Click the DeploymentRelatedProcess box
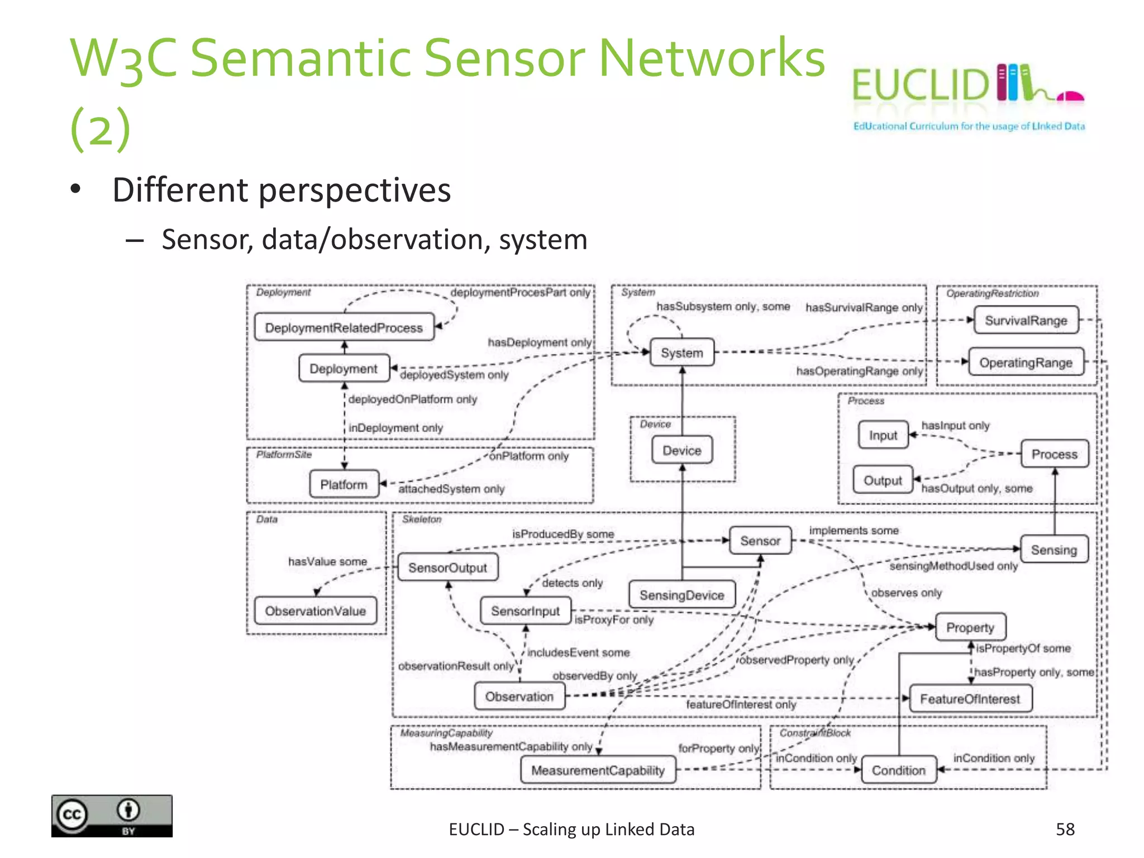344,327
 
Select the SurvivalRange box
1026,321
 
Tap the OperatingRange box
1026,363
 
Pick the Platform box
344,484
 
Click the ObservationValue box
315,611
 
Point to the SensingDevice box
681,595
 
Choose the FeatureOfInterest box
970,699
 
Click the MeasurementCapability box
598,770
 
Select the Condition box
898,770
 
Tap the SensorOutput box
447,568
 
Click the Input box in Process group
883,435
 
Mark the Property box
970,627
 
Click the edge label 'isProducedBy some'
563,534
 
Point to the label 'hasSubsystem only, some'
723,307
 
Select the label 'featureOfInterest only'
741,705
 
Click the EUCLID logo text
920,85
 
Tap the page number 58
1065,829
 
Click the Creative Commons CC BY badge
112,816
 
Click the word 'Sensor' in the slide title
503,58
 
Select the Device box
681,450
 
